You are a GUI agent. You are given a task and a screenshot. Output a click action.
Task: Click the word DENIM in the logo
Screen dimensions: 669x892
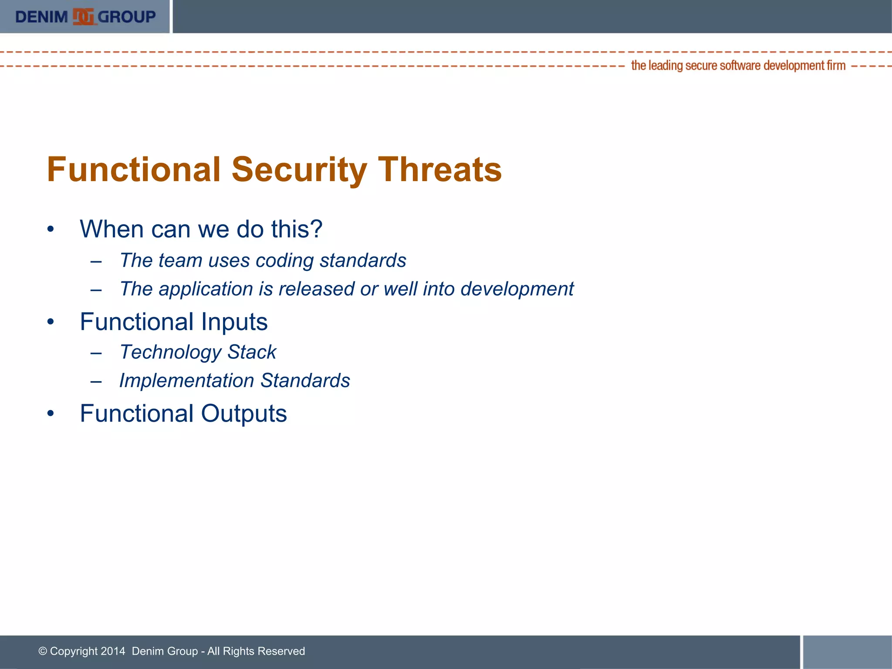tap(41, 17)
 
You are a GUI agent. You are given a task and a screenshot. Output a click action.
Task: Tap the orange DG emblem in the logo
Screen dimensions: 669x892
tap(83, 17)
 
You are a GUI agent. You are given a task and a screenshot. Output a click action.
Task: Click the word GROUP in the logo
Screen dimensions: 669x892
tap(127, 17)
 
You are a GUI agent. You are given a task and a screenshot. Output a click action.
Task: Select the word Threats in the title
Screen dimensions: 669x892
tap(440, 169)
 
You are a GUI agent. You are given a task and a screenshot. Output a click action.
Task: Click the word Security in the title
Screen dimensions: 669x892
tap(299, 169)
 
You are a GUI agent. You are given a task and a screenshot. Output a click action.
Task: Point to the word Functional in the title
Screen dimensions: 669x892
tap(134, 169)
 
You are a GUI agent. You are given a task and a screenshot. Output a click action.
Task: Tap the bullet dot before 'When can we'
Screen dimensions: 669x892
tap(51, 230)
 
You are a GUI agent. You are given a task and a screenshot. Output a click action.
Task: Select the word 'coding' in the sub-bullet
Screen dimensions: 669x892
tap(284, 260)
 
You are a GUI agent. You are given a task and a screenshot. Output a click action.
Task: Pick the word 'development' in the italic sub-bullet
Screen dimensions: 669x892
tap(517, 289)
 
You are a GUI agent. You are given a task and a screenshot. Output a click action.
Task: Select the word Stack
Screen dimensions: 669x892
tap(252, 352)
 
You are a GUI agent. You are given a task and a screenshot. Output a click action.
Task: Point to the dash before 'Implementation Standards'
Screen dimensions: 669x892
tap(96, 381)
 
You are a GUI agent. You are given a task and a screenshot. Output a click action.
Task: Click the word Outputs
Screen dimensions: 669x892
tap(244, 413)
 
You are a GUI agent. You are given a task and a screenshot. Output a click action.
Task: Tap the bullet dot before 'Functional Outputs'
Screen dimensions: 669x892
tap(51, 414)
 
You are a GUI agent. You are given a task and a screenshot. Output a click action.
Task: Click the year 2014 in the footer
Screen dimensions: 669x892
tap(113, 651)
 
